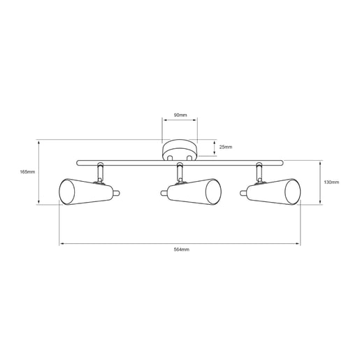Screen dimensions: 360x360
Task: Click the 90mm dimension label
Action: click(180, 115)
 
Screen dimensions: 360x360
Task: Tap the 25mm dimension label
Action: click(226, 147)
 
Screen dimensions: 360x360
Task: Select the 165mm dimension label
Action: click(27, 172)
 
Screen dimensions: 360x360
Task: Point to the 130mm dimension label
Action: click(331, 182)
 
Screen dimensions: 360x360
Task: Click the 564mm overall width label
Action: click(182, 250)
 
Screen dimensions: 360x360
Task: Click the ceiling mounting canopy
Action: click(180, 150)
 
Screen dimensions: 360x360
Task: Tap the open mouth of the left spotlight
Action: click(67, 192)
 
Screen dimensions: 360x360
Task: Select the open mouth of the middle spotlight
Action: click(213, 192)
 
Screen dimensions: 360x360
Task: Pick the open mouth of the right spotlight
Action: click(293, 192)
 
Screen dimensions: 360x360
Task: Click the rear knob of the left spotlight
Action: click(116, 193)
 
